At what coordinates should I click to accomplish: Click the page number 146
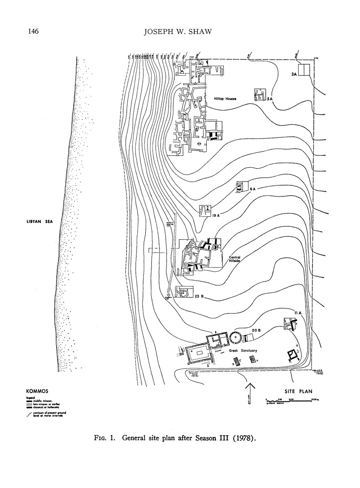33,32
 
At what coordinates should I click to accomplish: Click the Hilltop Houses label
225,99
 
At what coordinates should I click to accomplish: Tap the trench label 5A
270,99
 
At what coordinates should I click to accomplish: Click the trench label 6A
253,189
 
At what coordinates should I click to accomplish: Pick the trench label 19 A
216,216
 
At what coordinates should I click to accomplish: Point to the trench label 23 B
199,296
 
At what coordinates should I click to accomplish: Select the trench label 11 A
298,312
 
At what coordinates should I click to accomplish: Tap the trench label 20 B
255,330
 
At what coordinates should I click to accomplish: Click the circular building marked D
236,337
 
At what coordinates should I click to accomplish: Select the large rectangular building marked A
199,354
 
